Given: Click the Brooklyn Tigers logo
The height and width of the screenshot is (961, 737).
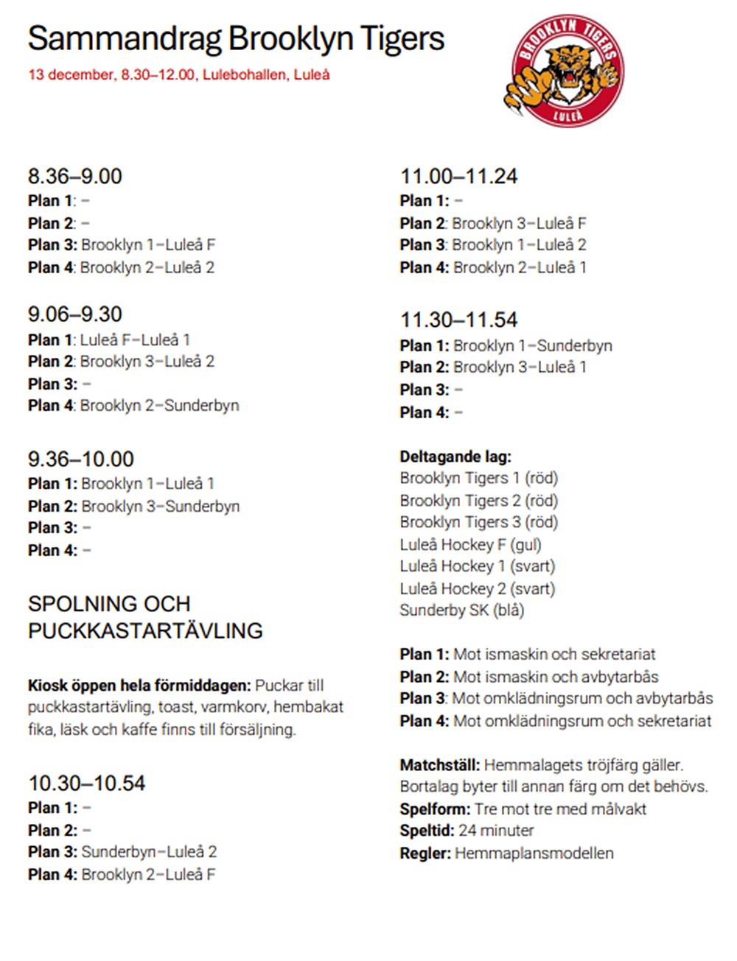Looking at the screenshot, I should pyautogui.click(x=564, y=71).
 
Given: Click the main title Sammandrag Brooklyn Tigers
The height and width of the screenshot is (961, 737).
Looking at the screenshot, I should pyautogui.click(x=236, y=38).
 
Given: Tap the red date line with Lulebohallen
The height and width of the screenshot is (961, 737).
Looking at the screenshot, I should pyautogui.click(x=179, y=74).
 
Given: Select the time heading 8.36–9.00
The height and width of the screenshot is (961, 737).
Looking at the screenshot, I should pyautogui.click(x=75, y=176).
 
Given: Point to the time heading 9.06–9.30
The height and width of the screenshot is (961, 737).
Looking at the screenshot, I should pyautogui.click(x=75, y=314).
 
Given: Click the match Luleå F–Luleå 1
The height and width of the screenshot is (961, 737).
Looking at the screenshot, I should pyautogui.click(x=135, y=339).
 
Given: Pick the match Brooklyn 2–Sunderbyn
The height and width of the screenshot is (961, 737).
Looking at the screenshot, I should pyautogui.click(x=160, y=405).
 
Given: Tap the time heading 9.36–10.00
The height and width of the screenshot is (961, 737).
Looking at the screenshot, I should pyautogui.click(x=81, y=459).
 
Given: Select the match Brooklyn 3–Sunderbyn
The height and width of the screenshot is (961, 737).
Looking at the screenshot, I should pyautogui.click(x=161, y=506).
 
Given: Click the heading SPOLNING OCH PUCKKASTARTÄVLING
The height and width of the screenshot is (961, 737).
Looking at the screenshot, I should pyautogui.click(x=145, y=617).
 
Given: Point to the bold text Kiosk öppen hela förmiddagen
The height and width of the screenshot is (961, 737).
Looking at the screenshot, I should pyautogui.click(x=139, y=686).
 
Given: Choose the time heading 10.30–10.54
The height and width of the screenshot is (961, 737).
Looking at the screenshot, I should pyautogui.click(x=87, y=783).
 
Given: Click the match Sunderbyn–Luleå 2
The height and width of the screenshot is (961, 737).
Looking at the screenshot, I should pyautogui.click(x=149, y=852).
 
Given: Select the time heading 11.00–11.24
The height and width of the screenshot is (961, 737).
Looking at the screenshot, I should pyautogui.click(x=459, y=176).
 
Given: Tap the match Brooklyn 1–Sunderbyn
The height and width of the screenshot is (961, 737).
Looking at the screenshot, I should pyautogui.click(x=533, y=345).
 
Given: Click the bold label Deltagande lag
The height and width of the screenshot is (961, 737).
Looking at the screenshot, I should pyautogui.click(x=455, y=457).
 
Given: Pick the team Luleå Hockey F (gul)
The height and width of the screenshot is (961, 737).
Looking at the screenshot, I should pyautogui.click(x=470, y=544).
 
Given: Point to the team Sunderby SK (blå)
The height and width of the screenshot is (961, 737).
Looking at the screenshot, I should pyautogui.click(x=462, y=610).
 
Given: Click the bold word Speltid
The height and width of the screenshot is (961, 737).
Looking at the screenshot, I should pyautogui.click(x=427, y=831).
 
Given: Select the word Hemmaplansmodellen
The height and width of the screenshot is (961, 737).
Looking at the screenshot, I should pyautogui.click(x=534, y=853).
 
